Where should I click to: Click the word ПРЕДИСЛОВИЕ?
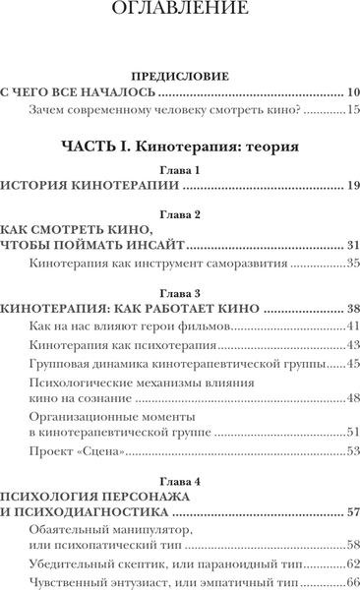coord(179,75)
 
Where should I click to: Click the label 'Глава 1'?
coord(179,170)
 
